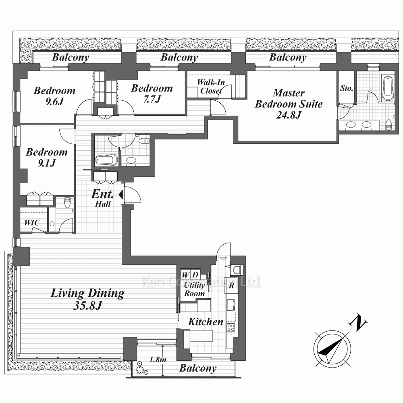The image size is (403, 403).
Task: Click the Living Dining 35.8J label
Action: coord(87,299)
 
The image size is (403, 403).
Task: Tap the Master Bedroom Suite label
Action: coord(289,104)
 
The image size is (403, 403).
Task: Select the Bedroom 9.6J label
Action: coord(54,96)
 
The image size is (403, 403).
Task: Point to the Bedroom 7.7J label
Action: coord(152,93)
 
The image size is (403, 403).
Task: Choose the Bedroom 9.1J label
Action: coord(47,157)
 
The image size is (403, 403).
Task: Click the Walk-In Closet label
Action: coord(211,86)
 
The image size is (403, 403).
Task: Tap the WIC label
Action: coord(32,222)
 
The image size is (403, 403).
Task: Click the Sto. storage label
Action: coord(347,88)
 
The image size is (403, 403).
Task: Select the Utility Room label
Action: coord(194,289)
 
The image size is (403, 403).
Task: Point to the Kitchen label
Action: coord(206,322)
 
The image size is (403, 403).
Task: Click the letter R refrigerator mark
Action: coord(232,285)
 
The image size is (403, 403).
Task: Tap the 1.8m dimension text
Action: coord(158,359)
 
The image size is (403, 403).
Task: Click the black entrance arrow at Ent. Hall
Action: coord(121,195)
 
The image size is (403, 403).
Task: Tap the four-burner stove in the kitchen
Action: coord(231,327)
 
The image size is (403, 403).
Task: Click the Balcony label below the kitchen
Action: coord(198,368)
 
